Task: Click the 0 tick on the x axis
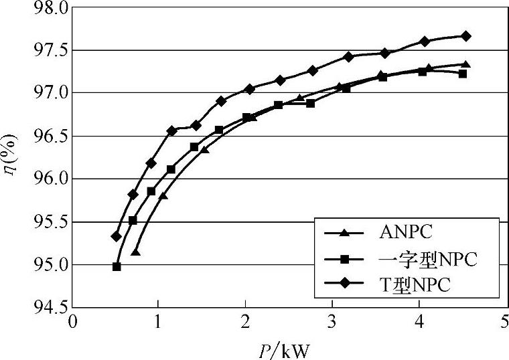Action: coord(72,323)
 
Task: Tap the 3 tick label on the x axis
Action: coord(332,323)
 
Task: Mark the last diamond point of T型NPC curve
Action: coord(466,35)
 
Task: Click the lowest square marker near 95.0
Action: coord(117,266)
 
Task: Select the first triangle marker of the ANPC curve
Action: coord(135,252)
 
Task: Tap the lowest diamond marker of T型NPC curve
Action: coord(116,236)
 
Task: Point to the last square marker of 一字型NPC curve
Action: coord(463,74)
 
